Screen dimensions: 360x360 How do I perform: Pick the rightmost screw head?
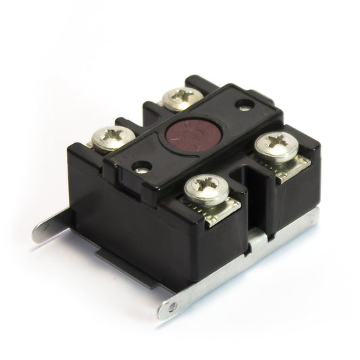pyautogui.click(x=277, y=145)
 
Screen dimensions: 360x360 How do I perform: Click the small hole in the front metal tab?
pyautogui.click(x=172, y=307)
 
